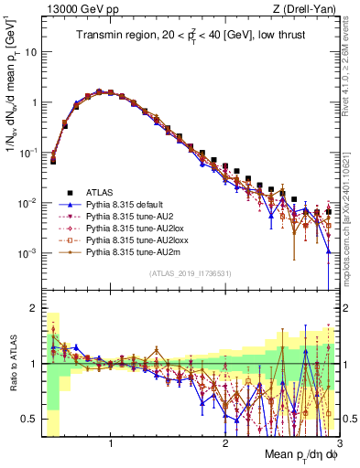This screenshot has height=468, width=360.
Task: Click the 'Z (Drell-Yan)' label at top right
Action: pyautogui.click(x=307, y=8)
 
